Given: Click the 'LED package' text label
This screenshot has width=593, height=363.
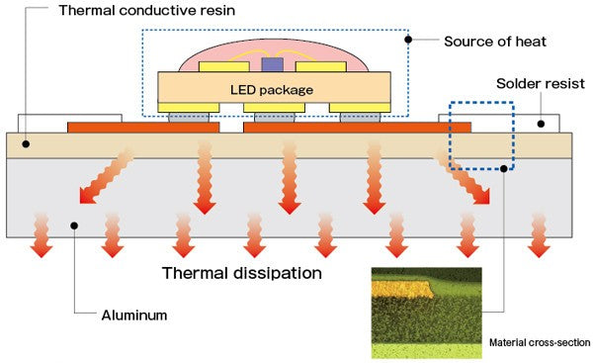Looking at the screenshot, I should click(x=272, y=90).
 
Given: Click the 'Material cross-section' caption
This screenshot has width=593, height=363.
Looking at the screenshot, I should click(x=539, y=342).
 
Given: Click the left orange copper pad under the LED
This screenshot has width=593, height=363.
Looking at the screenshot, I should click(x=143, y=127).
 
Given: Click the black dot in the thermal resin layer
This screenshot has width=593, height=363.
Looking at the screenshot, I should click(x=27, y=144).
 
